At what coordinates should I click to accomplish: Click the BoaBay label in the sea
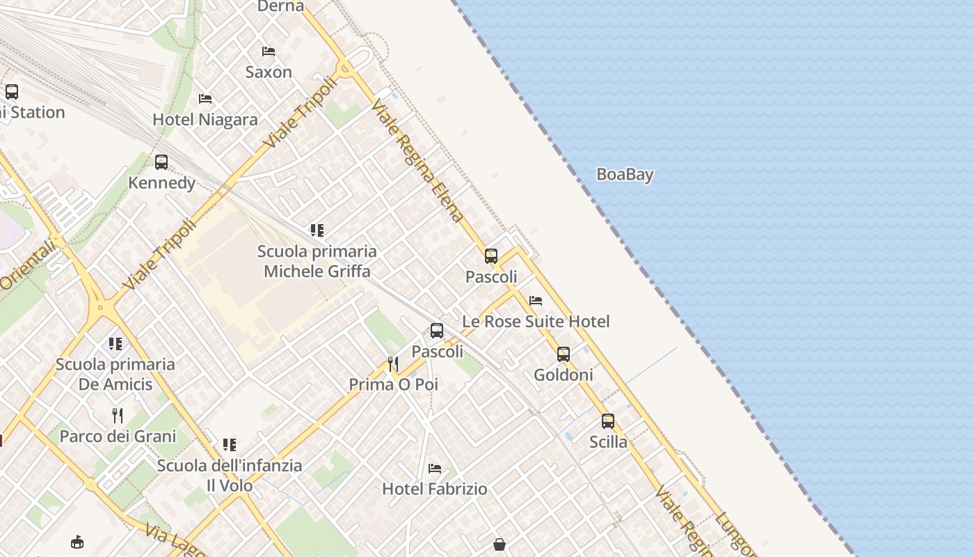(625, 174)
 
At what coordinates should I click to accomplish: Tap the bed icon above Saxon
(269, 52)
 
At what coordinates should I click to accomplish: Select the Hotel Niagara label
(205, 120)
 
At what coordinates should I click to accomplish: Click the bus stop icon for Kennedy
(161, 162)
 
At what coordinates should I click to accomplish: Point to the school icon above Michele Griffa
(317, 230)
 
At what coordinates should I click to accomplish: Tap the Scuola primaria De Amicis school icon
(115, 343)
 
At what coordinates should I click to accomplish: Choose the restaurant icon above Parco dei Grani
(118, 416)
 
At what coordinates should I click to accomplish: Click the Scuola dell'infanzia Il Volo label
(230, 476)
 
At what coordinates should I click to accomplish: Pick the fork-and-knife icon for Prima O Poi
(393, 364)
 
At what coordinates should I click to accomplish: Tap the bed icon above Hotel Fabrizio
(435, 468)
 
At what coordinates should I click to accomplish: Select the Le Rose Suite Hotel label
(536, 322)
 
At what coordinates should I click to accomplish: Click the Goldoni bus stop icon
(564, 354)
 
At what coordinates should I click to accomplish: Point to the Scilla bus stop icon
(608, 421)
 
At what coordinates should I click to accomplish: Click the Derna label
(280, 6)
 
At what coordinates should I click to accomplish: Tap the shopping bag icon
(499, 544)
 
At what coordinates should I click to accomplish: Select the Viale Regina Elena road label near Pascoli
(417, 161)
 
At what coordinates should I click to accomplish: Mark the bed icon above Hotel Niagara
(205, 99)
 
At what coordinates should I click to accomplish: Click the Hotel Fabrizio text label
(435, 489)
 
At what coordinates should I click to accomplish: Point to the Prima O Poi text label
(393, 384)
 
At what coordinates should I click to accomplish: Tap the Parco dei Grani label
(118, 437)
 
